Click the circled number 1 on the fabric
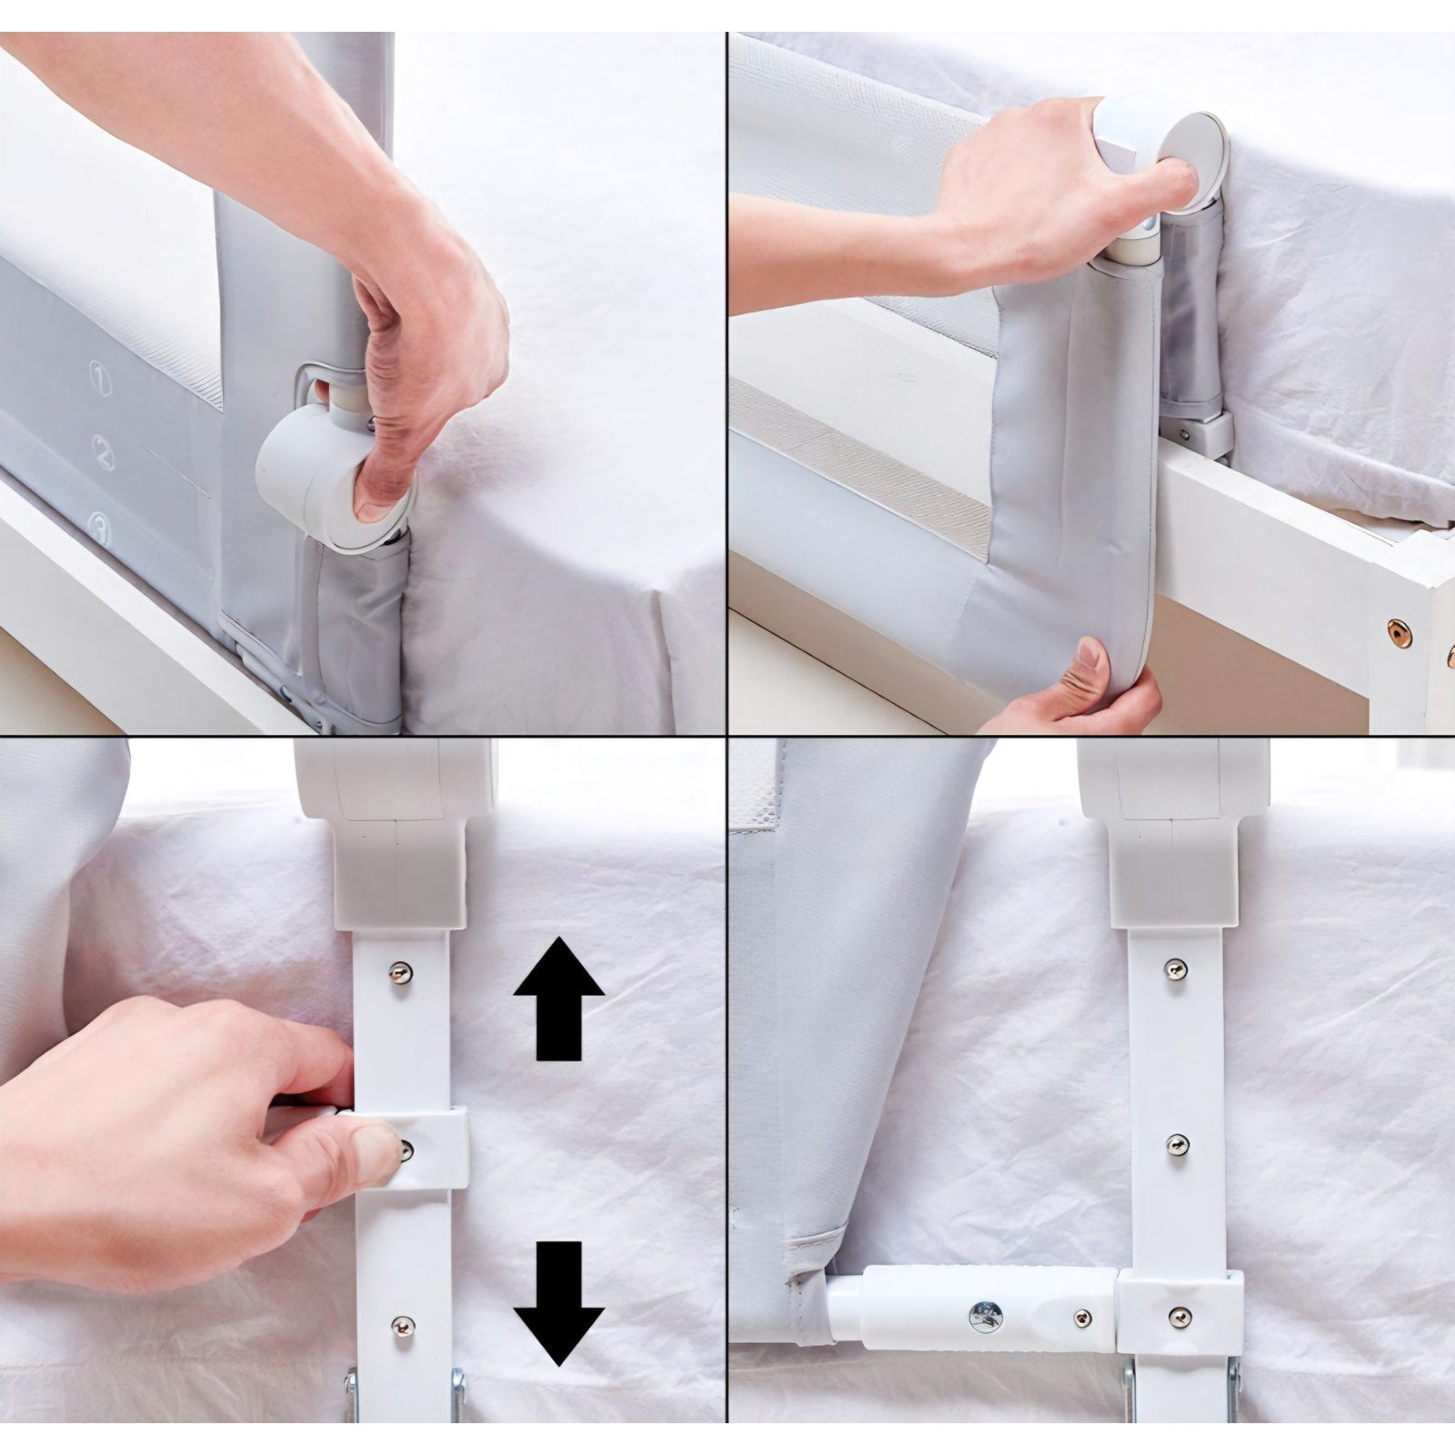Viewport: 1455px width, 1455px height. tap(99, 371)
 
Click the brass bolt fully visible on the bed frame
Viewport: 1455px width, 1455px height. tap(1393, 629)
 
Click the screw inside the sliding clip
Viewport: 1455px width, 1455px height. tap(406, 1149)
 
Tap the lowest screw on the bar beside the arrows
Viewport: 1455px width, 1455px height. tap(402, 1327)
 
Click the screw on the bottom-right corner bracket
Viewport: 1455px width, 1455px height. tap(1179, 1313)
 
